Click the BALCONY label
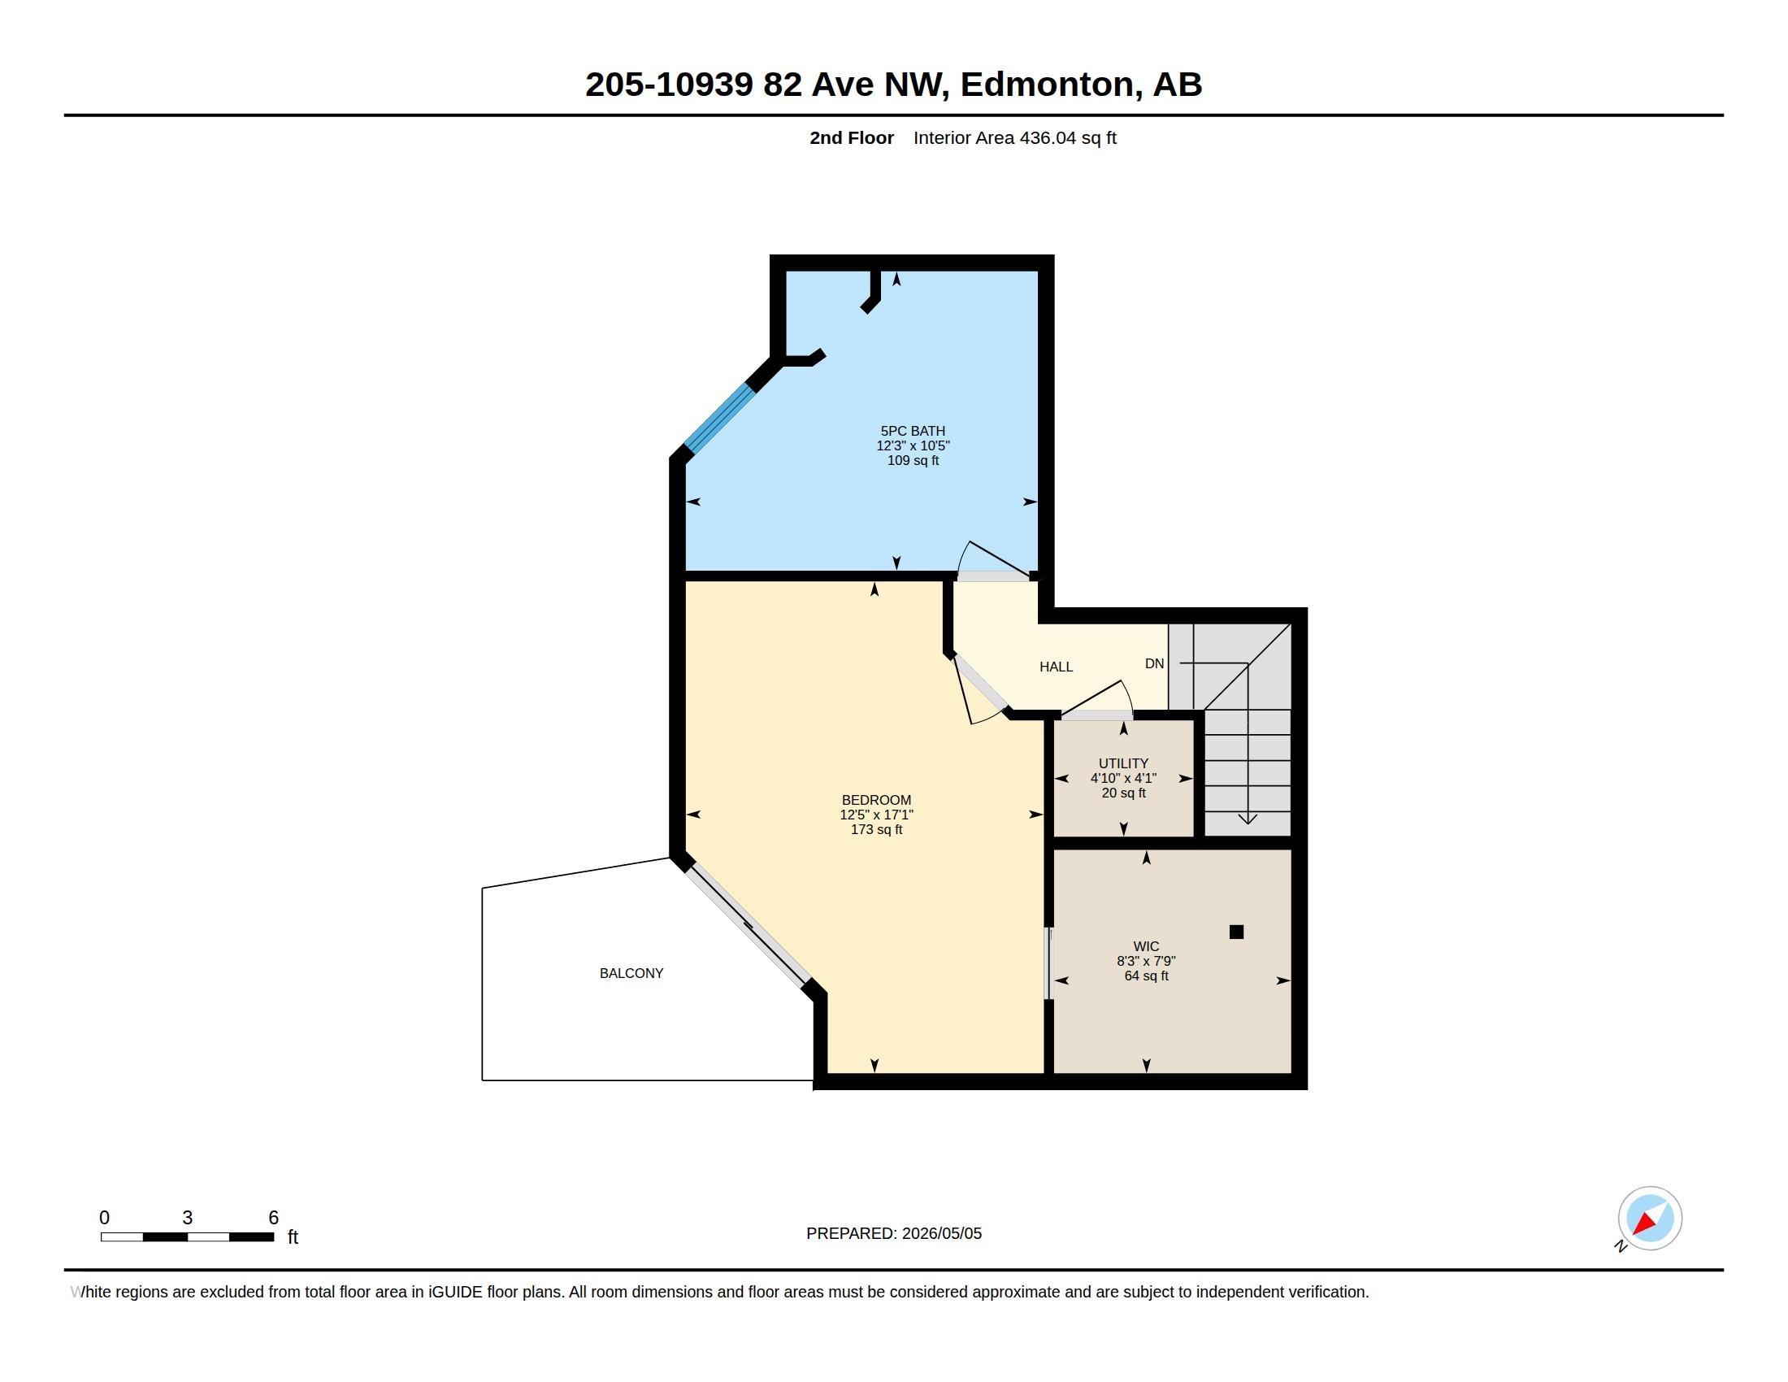click(631, 973)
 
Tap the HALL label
click(1056, 667)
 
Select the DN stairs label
click(1154, 664)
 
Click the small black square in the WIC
click(1236, 932)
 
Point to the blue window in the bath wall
click(719, 419)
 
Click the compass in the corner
click(1650, 1219)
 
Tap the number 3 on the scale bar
click(188, 1218)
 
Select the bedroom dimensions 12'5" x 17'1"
click(876, 815)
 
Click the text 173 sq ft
click(876, 829)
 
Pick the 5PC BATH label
click(913, 431)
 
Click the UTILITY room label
click(1123, 763)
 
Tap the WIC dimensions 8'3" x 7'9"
click(1146, 961)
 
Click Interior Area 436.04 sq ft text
click(1015, 138)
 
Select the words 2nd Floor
click(852, 138)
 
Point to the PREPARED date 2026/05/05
click(941, 1234)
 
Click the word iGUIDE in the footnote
click(455, 1292)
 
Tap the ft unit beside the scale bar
click(293, 1237)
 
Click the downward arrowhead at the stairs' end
click(1247, 818)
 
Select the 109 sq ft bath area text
click(913, 460)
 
